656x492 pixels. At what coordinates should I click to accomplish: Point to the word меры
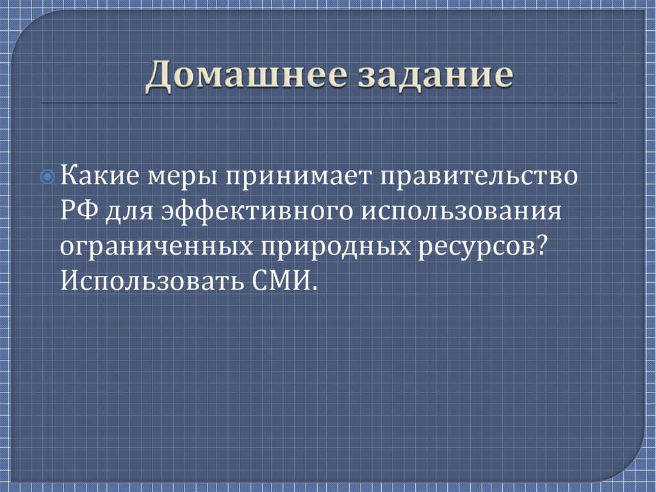[x=180, y=176]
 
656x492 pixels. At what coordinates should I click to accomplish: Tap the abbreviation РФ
[x=79, y=210]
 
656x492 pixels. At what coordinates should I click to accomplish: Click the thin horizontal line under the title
[x=328, y=103]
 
